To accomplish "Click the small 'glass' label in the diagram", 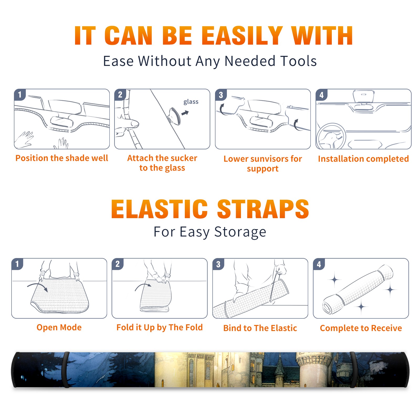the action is click(191, 102).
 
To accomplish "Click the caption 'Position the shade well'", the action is click(62, 158).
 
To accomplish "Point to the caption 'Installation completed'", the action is click(363, 159).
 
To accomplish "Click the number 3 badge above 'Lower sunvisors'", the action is click(221, 95).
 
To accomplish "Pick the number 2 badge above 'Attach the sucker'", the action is click(120, 94).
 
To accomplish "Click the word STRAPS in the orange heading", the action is click(263, 209).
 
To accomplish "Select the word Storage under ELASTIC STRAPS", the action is click(240, 232).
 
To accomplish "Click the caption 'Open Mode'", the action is click(59, 327).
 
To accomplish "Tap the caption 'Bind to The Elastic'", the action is click(260, 328).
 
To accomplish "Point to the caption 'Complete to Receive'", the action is click(361, 328).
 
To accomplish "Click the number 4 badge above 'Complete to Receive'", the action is click(319, 264).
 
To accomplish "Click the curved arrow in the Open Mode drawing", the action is click(38, 285).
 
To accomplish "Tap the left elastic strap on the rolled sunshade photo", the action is click(66, 370).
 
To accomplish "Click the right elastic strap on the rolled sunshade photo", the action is click(354, 370).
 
